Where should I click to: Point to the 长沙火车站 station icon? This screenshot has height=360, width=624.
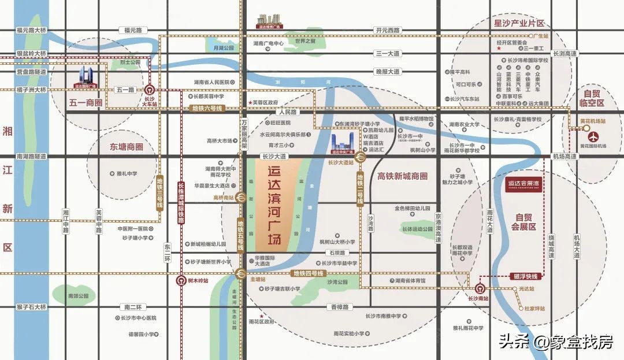150,90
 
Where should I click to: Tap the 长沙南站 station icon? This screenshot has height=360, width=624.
479,288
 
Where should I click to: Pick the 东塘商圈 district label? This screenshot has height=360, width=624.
122,147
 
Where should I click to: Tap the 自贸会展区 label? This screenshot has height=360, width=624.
525,222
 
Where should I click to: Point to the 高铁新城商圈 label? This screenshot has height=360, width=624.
403,176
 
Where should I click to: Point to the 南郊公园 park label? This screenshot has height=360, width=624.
77,296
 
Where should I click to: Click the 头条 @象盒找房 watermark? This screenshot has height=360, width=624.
555,342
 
